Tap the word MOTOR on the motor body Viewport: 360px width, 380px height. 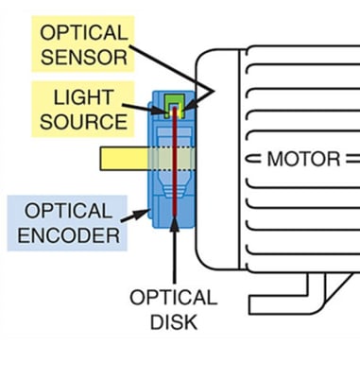pos(302,158)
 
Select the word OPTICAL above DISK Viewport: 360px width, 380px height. pos(173,298)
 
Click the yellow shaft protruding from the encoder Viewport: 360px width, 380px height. pos(121,158)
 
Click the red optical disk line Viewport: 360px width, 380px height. pos(174,180)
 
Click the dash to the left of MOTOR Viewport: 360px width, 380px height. pos(254,158)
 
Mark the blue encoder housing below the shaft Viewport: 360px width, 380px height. pos(165,203)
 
